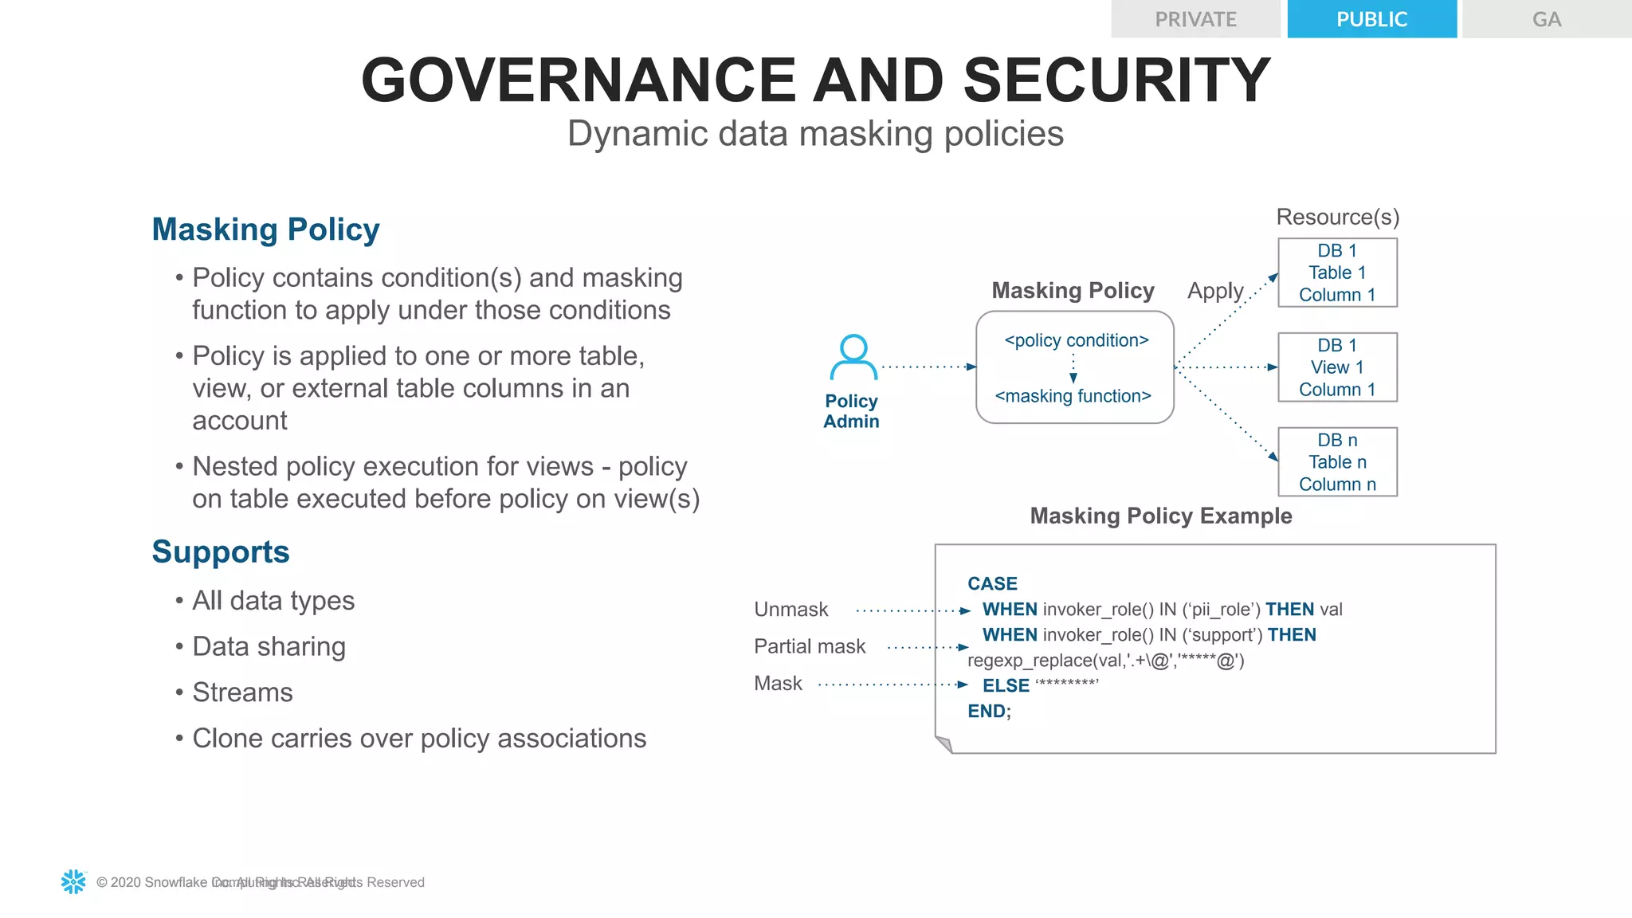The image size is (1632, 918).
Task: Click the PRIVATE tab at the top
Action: [1195, 19]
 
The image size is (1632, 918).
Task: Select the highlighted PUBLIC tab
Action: [1371, 19]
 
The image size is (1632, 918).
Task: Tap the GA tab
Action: [1546, 19]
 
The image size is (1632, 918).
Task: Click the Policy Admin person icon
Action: [853, 357]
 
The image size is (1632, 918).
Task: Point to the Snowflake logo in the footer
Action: [73, 881]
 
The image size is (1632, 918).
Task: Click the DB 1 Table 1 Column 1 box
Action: [1337, 273]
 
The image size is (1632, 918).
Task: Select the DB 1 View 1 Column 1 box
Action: [1337, 367]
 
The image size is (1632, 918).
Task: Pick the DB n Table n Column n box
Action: [1337, 462]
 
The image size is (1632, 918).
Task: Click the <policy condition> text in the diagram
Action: [1077, 340]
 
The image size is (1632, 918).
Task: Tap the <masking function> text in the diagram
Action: [1073, 396]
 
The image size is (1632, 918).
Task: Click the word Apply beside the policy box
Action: [1215, 291]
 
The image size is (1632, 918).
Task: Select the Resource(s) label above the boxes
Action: [1337, 217]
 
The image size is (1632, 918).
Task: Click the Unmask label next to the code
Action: [790, 610]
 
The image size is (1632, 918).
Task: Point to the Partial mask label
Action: [809, 646]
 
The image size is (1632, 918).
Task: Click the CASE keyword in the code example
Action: [992, 584]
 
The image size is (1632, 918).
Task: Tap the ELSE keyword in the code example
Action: [1006, 685]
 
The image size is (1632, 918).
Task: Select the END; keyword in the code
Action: [989, 711]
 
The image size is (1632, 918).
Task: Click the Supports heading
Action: [221, 551]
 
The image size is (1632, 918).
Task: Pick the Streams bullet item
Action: [242, 692]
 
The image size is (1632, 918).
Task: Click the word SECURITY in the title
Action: [1116, 80]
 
